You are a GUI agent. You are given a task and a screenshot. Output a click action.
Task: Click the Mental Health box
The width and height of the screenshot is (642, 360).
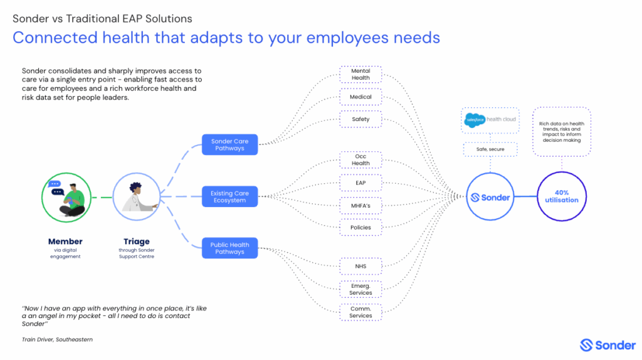[360, 75]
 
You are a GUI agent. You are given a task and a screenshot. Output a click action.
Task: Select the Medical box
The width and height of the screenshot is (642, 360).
[360, 97]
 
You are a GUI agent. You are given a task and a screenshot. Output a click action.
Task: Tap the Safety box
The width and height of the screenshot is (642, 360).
[360, 119]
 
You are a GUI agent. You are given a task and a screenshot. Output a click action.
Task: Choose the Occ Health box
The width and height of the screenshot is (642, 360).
[360, 160]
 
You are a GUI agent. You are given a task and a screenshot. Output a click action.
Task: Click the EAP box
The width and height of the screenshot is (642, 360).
[360, 183]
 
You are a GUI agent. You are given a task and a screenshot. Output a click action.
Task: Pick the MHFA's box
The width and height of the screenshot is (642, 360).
[360, 205]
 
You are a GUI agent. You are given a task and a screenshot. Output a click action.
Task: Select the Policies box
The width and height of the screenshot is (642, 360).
[360, 227]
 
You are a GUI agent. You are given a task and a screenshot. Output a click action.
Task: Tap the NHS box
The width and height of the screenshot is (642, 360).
[360, 267]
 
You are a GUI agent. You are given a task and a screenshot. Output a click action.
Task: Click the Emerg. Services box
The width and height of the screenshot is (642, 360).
[360, 289]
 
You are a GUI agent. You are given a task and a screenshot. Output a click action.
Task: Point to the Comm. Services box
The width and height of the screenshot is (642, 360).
[360, 312]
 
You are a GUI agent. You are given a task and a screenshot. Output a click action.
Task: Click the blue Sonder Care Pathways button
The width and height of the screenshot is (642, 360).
[229, 145]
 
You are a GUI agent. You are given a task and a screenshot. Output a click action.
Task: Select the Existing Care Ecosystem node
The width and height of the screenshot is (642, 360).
[229, 197]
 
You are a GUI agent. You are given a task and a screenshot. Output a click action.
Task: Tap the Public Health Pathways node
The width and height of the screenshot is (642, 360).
[229, 248]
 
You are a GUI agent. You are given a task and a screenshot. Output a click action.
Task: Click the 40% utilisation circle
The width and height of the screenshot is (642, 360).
[562, 196]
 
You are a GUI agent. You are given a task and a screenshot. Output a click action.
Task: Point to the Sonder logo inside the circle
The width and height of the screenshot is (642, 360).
[490, 197]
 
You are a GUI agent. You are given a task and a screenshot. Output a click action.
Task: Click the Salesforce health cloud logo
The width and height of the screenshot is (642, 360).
[490, 120]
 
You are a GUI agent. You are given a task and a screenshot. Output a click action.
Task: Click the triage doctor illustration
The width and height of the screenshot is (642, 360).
[137, 197]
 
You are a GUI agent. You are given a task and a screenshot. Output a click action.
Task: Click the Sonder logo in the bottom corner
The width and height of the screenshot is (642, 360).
[608, 345]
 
